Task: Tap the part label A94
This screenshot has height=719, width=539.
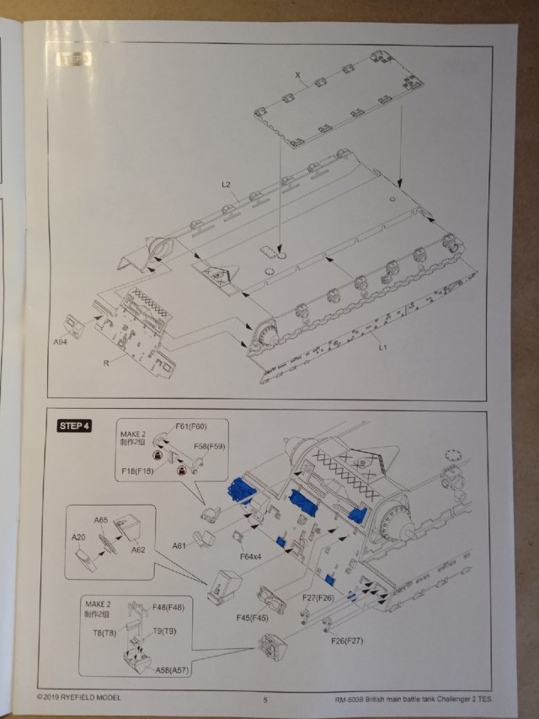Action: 60,342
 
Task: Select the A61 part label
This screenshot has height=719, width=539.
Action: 179,545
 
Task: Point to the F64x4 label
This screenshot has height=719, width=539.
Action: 250,557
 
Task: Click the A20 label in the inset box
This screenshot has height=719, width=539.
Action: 79,537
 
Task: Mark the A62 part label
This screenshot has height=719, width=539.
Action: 137,549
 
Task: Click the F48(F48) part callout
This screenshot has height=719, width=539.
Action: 169,608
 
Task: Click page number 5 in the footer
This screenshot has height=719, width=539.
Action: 264,699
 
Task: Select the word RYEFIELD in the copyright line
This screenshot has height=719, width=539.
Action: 87,698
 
